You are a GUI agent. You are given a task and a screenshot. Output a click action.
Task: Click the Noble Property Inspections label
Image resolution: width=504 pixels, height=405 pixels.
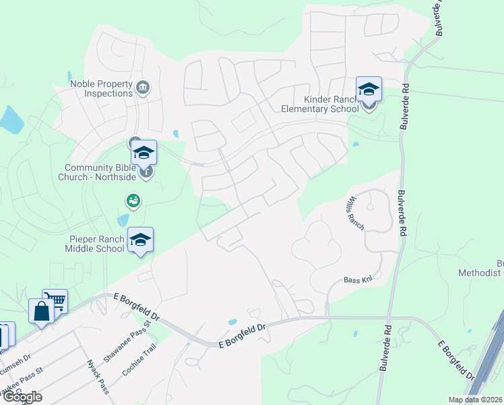tap(101, 88)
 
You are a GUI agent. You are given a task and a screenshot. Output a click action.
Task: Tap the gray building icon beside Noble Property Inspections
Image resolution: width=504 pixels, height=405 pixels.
tap(143, 88)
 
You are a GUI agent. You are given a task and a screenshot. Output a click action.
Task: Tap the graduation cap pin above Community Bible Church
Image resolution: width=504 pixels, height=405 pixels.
tap(144, 152)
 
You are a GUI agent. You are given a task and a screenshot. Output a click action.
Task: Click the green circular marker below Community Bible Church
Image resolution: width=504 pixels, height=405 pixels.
tap(133, 200)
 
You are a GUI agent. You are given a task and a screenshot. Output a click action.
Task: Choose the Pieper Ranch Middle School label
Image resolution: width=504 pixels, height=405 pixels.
tap(96, 244)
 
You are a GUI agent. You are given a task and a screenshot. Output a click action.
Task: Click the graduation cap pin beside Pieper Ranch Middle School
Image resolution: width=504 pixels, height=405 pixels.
tap(140, 240)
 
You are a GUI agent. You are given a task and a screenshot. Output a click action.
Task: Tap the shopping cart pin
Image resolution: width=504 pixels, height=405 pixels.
tap(55, 300)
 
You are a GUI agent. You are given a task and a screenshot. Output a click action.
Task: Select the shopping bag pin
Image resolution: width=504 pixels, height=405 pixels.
tap(41, 311)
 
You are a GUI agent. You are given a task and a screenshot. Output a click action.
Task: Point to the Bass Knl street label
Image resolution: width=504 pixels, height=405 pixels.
tap(358, 279)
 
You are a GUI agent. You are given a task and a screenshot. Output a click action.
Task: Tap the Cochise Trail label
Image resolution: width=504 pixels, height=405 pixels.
tap(139, 360)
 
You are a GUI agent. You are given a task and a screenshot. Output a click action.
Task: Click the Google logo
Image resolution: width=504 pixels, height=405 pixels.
tap(22, 397)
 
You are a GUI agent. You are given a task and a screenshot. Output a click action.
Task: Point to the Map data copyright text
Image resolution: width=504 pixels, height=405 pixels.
tap(476, 400)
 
